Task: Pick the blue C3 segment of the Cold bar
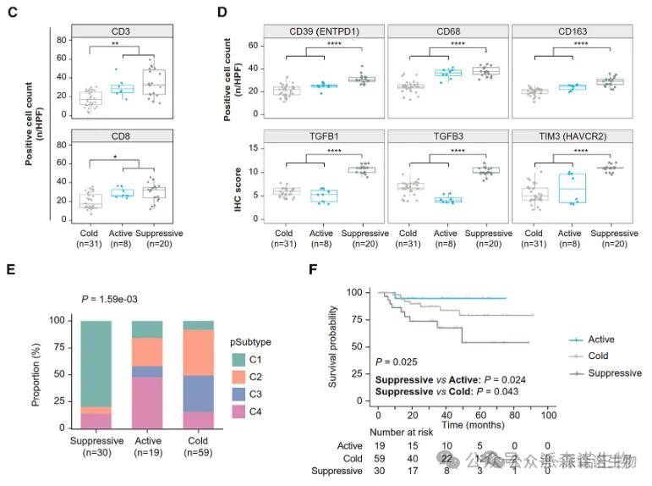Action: [199, 394]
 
